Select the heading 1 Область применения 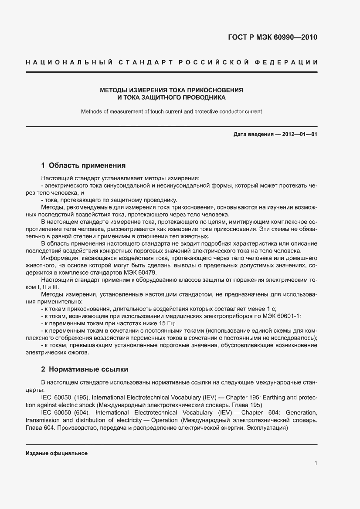(83, 165)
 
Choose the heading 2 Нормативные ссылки (85, 369)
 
